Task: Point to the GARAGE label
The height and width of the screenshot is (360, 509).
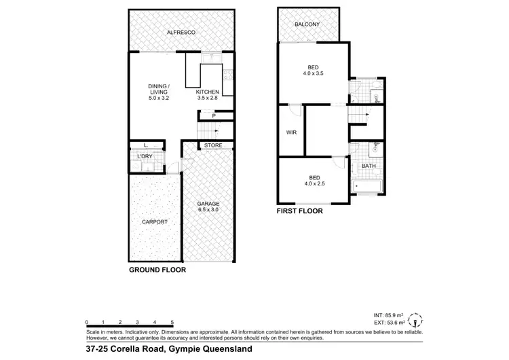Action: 208,204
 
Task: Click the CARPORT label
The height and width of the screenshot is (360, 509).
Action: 155,222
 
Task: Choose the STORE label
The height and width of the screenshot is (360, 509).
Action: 214,145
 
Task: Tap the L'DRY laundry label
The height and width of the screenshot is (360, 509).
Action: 145,158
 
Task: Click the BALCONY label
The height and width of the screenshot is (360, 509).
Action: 307,25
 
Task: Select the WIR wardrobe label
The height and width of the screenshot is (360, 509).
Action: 290,133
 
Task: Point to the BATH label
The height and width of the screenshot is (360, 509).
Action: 369,166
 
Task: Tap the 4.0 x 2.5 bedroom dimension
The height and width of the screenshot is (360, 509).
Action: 313,181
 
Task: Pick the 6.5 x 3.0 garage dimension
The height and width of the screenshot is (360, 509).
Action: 208,211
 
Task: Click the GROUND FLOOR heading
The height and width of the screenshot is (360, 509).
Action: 157,270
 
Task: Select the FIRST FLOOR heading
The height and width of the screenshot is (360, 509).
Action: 299,211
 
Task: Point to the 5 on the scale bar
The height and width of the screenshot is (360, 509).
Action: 172,321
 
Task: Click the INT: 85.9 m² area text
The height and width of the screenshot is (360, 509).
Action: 389,316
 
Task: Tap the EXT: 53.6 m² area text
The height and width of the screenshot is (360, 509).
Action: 389,323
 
